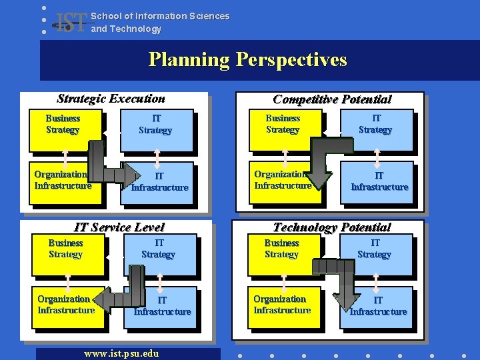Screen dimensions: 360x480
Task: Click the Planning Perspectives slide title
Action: tap(247, 60)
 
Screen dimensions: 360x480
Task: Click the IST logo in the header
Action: tap(72, 23)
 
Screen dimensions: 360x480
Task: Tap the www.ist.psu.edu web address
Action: tap(121, 353)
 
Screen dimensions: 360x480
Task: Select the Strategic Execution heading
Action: tap(111, 99)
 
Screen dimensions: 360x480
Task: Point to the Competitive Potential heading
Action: tap(332, 99)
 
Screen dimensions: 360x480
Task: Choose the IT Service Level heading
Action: tap(119, 227)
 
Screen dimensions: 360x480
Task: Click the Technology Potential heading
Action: tap(332, 227)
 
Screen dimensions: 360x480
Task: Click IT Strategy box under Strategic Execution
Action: tap(156, 129)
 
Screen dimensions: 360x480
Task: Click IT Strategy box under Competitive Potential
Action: tap(375, 129)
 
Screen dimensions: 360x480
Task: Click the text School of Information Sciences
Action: tap(160, 16)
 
